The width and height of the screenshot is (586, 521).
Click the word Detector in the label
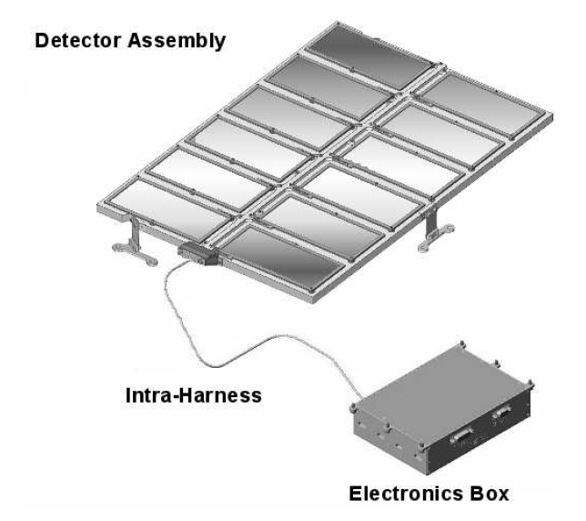click(77, 40)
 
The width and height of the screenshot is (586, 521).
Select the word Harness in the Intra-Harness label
click(220, 395)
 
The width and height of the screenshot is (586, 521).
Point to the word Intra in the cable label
click(148, 395)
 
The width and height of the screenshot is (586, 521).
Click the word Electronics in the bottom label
click(406, 494)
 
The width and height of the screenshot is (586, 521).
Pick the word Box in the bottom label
click(490, 494)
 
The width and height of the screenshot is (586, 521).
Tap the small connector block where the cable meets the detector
click(197, 253)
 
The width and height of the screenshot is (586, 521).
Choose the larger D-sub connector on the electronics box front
click(462, 436)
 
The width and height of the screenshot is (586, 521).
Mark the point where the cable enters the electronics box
click(361, 398)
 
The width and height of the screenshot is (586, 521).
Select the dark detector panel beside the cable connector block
click(281, 258)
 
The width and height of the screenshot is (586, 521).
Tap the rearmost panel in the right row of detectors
click(483, 104)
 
